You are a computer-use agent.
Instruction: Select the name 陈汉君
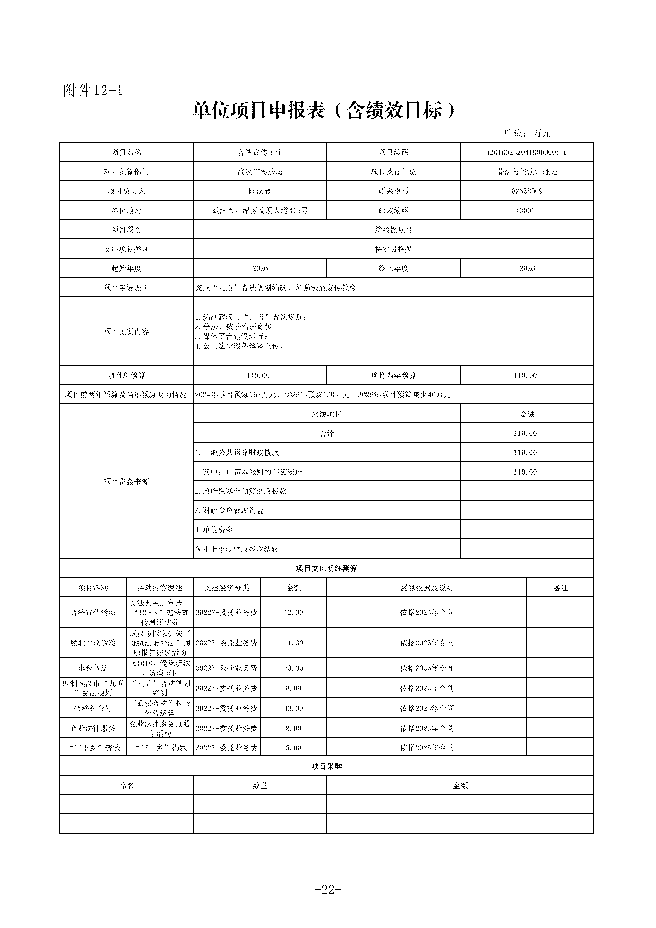(260, 191)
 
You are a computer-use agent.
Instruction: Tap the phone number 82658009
(527, 191)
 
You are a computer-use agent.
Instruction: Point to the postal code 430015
(527, 210)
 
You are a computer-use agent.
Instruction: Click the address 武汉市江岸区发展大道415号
(260, 210)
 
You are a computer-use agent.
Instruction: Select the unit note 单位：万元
(527, 133)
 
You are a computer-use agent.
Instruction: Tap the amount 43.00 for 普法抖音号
(293, 708)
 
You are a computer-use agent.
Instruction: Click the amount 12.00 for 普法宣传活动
(293, 612)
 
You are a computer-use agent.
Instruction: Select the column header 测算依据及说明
(427, 588)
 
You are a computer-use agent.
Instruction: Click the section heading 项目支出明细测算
(326, 568)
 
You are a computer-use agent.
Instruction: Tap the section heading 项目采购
(326, 766)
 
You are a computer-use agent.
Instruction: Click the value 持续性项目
(393, 230)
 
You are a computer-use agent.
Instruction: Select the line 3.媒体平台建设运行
(231, 336)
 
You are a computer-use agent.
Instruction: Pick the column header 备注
(560, 588)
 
